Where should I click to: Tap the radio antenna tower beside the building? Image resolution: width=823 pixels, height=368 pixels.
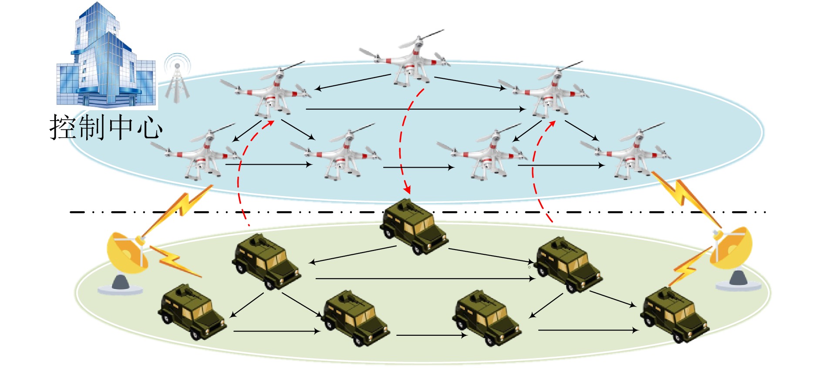177,81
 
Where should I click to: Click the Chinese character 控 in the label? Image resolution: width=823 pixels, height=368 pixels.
64,127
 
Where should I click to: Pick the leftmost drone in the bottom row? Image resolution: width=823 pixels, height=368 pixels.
200,155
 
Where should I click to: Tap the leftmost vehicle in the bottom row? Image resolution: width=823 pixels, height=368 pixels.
192,311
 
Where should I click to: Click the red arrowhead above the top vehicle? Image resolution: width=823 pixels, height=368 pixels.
408,189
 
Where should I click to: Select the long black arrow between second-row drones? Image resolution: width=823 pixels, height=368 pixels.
416,109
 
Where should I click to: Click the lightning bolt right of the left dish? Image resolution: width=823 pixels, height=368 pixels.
174,261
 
